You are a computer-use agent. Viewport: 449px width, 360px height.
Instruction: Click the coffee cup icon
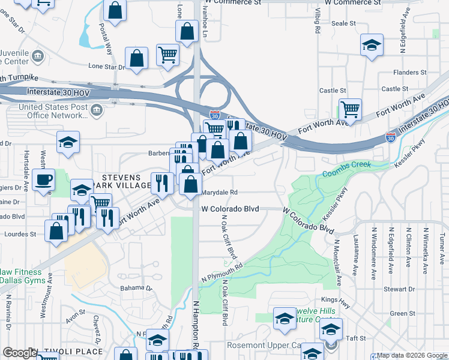click(43, 179)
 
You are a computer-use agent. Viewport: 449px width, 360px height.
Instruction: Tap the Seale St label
click(343, 23)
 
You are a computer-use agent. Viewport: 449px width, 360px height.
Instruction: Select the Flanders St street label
click(410, 73)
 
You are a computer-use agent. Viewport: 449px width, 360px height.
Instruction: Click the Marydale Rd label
click(220, 193)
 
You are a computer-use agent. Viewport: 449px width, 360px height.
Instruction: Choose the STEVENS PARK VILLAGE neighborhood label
click(121, 182)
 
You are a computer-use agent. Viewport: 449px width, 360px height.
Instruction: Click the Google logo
click(20, 353)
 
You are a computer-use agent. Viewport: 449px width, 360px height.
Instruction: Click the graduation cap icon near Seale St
click(372, 45)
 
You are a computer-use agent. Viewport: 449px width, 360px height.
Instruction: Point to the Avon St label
click(76, 314)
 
